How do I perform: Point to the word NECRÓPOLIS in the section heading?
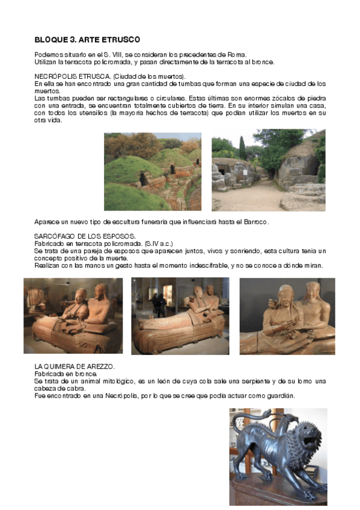56,76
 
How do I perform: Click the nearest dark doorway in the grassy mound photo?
142,179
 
